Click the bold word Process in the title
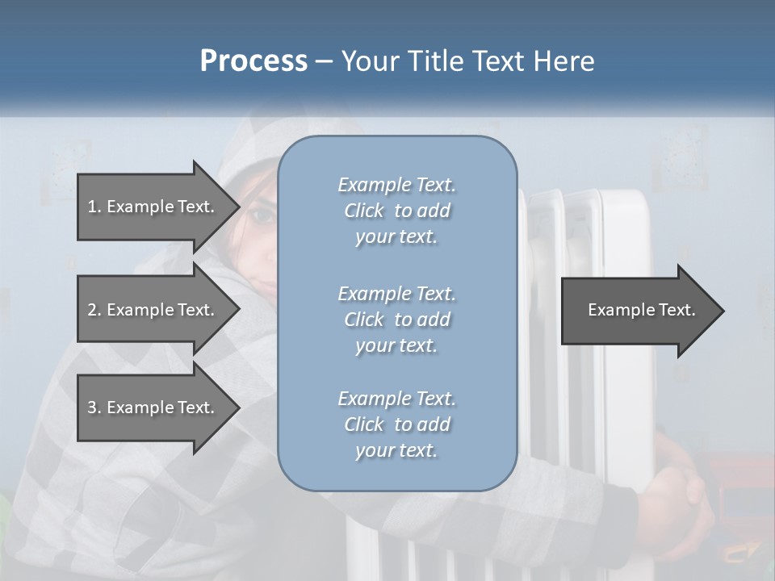coord(253,61)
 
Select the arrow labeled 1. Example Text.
coord(153,207)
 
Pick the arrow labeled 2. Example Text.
coord(153,310)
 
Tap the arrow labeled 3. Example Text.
coord(153,408)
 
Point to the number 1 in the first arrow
coord(92,207)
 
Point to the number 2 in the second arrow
coord(92,310)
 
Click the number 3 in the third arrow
coord(92,408)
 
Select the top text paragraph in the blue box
coord(396,211)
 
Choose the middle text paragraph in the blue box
coord(396,320)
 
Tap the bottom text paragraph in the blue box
coord(396,424)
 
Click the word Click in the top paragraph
coord(363,211)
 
